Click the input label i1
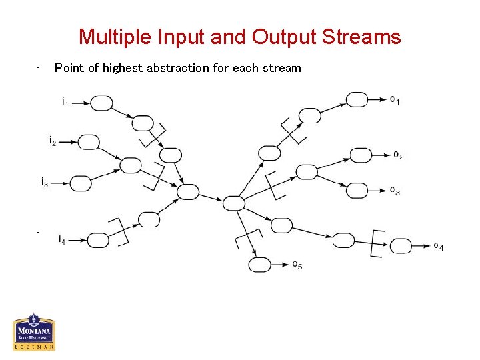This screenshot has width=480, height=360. (65, 103)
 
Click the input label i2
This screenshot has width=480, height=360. (52, 141)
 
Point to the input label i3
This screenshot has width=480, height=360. (44, 181)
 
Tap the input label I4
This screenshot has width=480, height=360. (62, 239)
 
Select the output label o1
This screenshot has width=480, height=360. (395, 101)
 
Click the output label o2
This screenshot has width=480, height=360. (398, 155)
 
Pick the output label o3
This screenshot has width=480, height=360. (395, 191)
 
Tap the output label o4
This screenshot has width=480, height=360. (438, 247)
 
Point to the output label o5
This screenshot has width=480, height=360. (297, 265)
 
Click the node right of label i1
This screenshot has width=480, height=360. (101, 103)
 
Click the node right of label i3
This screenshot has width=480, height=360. (81, 183)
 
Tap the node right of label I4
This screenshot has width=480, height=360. (98, 240)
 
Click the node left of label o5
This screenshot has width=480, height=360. (260, 265)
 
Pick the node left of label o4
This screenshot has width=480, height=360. (401, 246)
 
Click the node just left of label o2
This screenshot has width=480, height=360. (361, 155)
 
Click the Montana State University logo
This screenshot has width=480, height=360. (34, 332)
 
